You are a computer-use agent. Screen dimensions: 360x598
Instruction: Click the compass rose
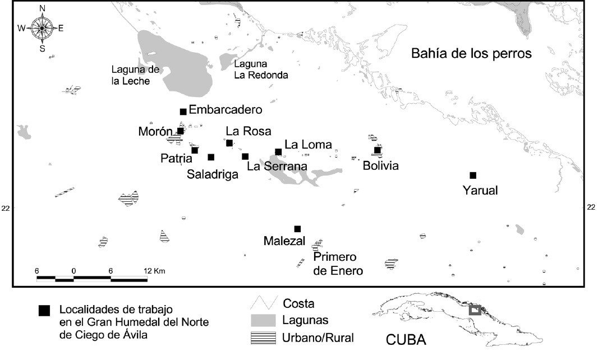tap(43, 28)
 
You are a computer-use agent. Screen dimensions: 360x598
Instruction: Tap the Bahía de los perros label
tap(471, 54)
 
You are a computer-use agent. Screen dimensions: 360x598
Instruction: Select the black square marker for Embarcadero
tap(183, 112)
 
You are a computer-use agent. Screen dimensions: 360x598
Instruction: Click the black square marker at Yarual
tap(473, 175)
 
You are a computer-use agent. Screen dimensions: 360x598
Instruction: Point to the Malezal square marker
tap(297, 228)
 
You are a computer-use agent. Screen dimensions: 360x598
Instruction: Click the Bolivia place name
tap(380, 167)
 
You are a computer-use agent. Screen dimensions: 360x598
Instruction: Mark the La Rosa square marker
tap(229, 143)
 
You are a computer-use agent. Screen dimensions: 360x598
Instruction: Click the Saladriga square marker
tap(211, 157)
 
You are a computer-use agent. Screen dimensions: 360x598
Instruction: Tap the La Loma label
tap(308, 145)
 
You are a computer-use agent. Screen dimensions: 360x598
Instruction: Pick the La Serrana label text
tap(277, 167)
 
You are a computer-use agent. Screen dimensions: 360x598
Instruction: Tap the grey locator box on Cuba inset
tap(475, 310)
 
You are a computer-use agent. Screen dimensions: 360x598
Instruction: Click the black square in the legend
tap(44, 310)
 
